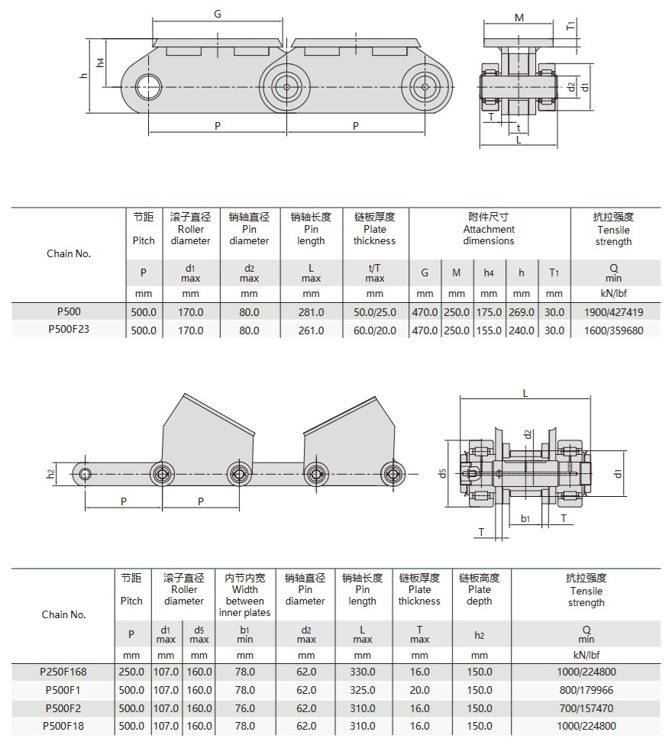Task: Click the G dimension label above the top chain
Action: click(218, 14)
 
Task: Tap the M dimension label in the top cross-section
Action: click(519, 18)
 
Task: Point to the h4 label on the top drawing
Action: click(101, 62)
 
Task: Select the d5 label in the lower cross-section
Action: click(442, 474)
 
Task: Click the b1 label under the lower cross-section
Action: click(525, 518)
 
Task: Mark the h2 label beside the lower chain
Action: click(50, 473)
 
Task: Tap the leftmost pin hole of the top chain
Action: click(147, 85)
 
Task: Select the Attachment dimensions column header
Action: click(489, 229)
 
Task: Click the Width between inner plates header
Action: click(244, 595)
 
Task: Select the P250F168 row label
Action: click(64, 672)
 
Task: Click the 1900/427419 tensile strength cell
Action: click(613, 312)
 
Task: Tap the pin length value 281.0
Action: click(311, 312)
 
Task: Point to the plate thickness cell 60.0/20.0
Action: click(374, 330)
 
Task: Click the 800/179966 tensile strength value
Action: click(586, 690)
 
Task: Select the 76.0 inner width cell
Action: click(244, 708)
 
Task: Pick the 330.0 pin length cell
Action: click(362, 672)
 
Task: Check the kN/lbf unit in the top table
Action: click(613, 294)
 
